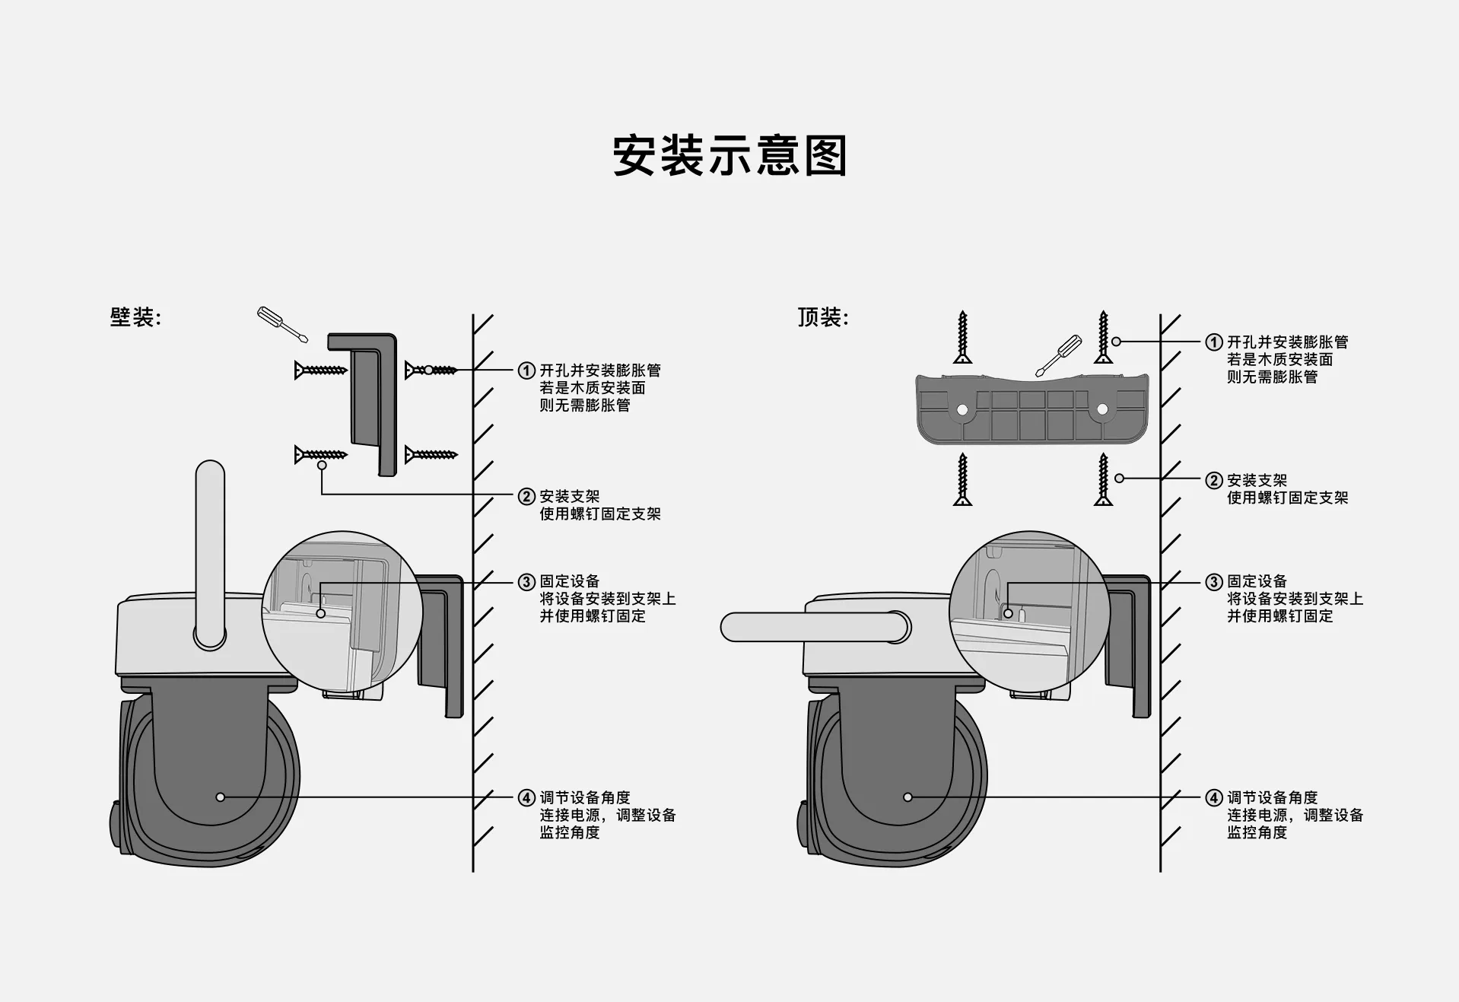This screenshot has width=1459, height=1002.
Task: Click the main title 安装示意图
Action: click(729, 156)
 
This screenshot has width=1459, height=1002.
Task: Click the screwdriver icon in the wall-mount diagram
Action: click(281, 325)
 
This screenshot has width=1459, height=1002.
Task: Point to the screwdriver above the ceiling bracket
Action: click(1058, 355)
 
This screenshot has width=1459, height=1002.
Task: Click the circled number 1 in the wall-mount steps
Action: click(526, 371)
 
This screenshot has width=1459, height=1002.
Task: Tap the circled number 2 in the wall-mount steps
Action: click(526, 497)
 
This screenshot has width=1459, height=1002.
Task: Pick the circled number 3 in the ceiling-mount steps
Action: click(1214, 582)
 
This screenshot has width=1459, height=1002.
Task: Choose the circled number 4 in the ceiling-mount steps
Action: click(1214, 798)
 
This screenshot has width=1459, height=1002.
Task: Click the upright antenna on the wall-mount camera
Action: click(210, 552)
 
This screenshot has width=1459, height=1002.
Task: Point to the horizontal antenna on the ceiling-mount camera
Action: click(814, 627)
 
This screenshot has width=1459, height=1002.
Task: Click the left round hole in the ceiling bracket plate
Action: click(962, 410)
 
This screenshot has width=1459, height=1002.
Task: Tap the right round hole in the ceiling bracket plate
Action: click(1102, 410)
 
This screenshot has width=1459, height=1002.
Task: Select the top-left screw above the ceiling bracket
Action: click(963, 337)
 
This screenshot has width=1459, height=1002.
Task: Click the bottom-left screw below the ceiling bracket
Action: click(963, 479)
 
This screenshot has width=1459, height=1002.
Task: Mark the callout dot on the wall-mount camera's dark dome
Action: click(221, 797)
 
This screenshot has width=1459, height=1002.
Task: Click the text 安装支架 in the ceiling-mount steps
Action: click(1257, 480)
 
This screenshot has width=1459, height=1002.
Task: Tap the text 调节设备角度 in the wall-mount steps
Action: click(585, 797)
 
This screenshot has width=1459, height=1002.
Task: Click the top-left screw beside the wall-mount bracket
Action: click(321, 371)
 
